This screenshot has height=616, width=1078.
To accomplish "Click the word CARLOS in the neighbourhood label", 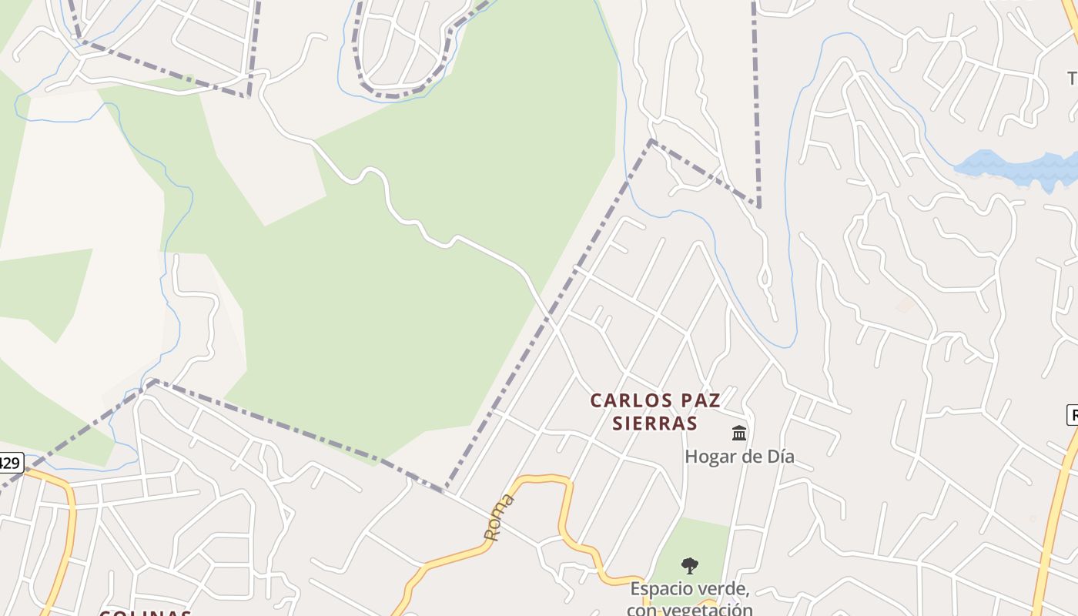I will click(x=630, y=400).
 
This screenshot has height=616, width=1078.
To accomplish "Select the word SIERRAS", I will click(x=654, y=423).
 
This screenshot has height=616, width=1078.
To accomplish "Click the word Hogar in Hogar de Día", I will click(x=710, y=457).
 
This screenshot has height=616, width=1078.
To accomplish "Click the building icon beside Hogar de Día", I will click(x=739, y=434).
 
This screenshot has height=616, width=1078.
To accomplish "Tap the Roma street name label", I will click(x=498, y=517).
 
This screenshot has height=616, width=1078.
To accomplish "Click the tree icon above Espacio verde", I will click(x=690, y=567).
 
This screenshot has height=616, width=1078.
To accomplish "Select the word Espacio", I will click(x=661, y=590).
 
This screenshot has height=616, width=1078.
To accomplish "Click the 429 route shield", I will click(x=9, y=463).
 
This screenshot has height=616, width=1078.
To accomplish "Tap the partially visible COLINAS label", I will click(x=145, y=612).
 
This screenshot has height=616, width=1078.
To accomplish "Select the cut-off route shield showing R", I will click(x=1072, y=416).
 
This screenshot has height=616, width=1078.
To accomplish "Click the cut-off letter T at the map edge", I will click(x=1073, y=79).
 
